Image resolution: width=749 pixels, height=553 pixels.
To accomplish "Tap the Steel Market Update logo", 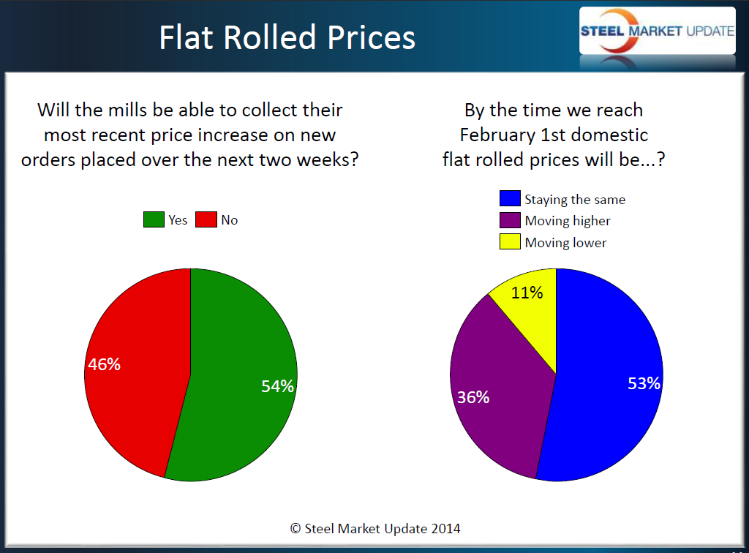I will pos(657,31).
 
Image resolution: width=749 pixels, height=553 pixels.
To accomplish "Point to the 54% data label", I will pos(277,386).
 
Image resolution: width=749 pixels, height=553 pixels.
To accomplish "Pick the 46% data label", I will pos(104,364).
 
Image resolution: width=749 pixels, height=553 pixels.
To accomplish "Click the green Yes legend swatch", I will pos(154,220).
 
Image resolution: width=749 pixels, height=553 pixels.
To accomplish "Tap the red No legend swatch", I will pos(206,220).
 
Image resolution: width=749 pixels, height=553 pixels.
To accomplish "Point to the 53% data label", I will pos(644,383).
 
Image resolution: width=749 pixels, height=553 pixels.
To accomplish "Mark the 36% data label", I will pos(473,398).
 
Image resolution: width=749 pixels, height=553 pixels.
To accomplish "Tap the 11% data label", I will pos(527,293).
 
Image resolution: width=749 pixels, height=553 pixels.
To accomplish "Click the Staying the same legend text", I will pos(575,200).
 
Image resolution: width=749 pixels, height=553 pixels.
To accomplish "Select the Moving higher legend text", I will pos(568,221).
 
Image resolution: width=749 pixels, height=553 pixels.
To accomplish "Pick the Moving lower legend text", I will pos(565,242).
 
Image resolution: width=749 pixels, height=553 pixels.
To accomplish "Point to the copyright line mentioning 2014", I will pos(375,528).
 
